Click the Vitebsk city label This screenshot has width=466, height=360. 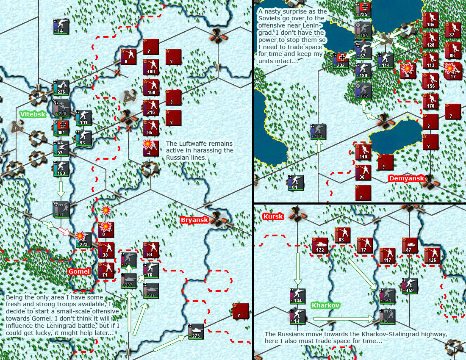(32, 114)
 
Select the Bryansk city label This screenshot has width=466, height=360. (194, 220)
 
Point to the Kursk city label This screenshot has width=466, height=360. (273, 216)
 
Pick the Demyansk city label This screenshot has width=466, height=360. (406, 178)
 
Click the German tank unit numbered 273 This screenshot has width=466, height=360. (196, 331)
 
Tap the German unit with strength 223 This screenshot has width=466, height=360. (83, 240)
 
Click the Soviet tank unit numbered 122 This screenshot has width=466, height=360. (320, 245)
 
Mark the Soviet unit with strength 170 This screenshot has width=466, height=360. (430, 101)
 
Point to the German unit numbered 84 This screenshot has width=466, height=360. (296, 183)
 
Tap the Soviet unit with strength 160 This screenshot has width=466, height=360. (151, 88)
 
